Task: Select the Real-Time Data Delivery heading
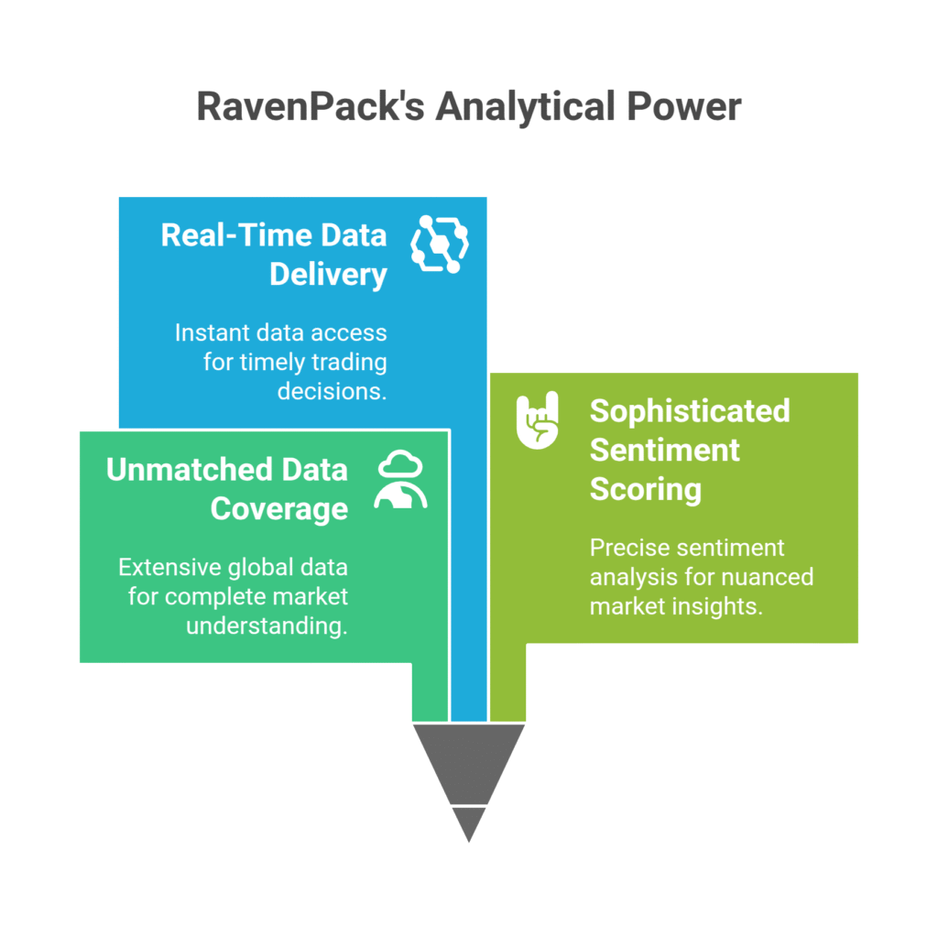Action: click(274, 255)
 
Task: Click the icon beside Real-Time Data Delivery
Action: click(440, 244)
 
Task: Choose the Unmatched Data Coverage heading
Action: click(227, 489)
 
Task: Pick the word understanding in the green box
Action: click(267, 626)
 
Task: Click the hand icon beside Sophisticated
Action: click(537, 421)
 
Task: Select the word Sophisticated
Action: click(689, 410)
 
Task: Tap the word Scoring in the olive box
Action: click(645, 489)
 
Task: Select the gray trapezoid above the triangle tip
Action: click(469, 760)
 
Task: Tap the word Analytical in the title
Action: click(526, 107)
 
